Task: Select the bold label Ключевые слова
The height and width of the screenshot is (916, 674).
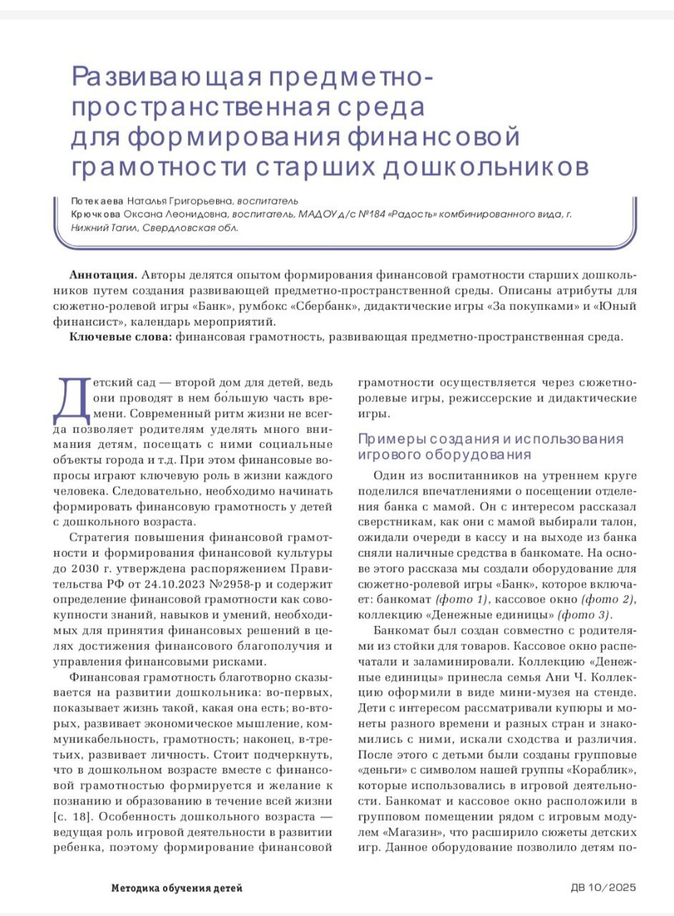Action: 121,337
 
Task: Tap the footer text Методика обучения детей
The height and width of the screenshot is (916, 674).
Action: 177,888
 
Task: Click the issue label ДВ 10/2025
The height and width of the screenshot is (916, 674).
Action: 603,888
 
